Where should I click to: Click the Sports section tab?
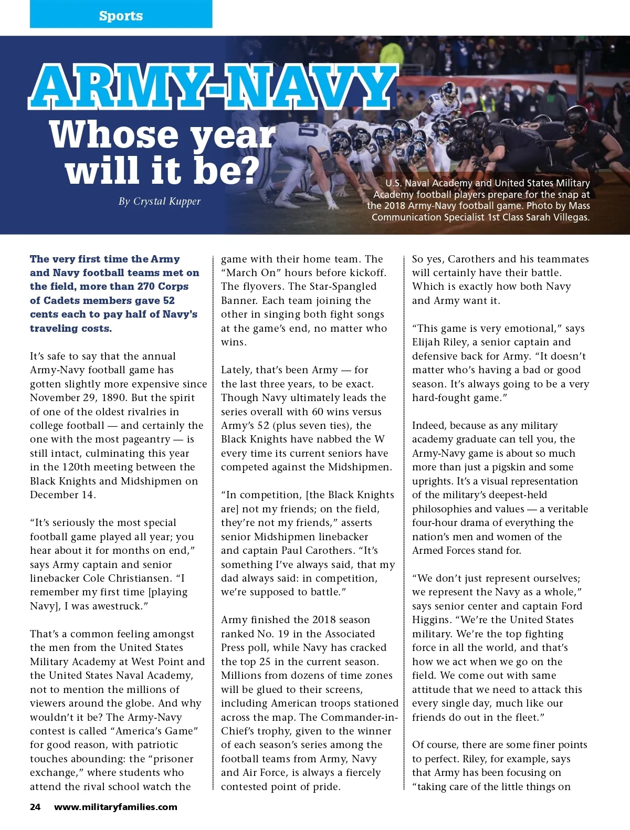tap(121, 15)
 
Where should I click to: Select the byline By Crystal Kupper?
tap(160, 201)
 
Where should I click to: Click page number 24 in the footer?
tap(35, 807)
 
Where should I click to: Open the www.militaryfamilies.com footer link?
tap(115, 807)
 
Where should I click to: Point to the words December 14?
tap(62, 495)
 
